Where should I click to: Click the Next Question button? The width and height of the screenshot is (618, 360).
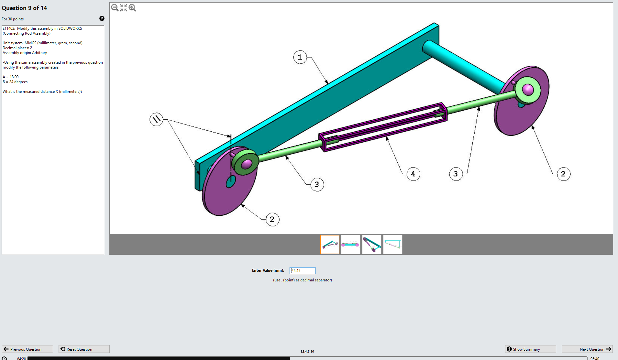click(x=587, y=349)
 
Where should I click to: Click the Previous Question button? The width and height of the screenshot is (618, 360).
click(x=28, y=349)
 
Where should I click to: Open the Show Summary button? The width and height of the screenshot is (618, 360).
click(x=530, y=349)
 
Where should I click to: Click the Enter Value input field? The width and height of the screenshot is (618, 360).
click(x=302, y=270)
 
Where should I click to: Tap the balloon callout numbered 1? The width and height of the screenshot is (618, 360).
click(x=300, y=57)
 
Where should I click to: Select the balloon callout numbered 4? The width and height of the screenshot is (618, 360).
click(x=413, y=174)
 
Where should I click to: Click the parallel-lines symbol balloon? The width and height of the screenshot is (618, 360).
click(x=156, y=119)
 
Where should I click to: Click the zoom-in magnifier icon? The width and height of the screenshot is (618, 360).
click(x=132, y=8)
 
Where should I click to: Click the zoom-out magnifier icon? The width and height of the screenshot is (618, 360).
click(x=115, y=8)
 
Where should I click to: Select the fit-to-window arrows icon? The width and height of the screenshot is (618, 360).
click(x=124, y=8)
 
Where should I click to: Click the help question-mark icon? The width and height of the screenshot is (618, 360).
click(x=102, y=18)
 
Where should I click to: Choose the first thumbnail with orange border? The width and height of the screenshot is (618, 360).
click(x=330, y=244)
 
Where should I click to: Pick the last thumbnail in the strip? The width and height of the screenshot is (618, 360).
click(x=392, y=244)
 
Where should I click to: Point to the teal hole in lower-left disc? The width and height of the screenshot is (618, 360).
click(x=231, y=182)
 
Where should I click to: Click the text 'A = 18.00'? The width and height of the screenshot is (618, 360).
click(x=11, y=77)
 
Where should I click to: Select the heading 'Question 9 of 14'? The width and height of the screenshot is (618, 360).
click(x=24, y=8)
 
